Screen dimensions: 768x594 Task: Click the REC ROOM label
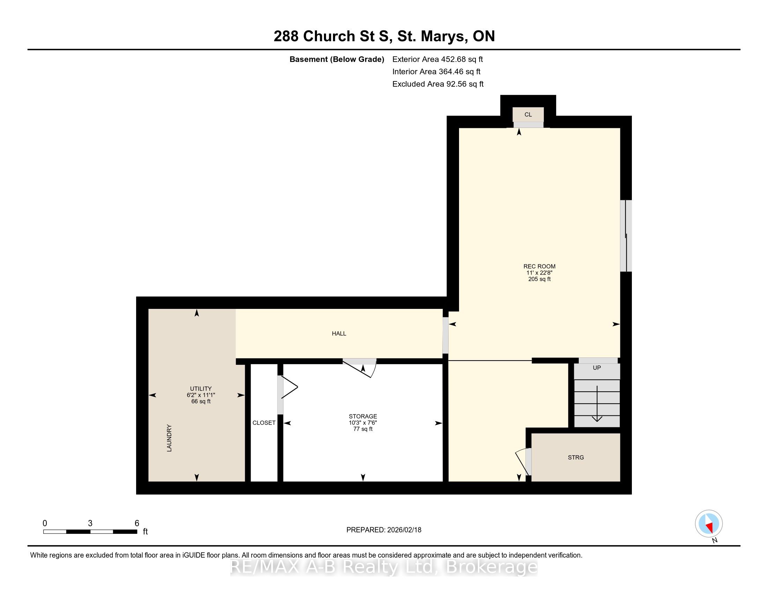pos(539,266)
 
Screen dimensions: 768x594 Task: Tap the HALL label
pos(339,333)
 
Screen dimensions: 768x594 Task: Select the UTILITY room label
pos(201,389)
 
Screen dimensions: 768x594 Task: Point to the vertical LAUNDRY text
pos(169,438)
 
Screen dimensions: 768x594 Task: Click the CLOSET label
pos(264,423)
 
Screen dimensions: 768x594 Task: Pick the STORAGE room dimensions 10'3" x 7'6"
pos(363,423)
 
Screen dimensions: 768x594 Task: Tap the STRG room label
pos(576,457)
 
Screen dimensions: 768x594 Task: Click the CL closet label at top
pos(528,114)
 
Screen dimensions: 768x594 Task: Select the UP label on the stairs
pos(597,368)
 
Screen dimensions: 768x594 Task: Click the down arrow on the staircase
pos(597,404)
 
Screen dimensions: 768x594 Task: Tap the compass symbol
pos(709,523)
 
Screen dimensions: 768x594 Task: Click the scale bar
pos(90,532)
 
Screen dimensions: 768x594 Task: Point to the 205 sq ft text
pos(539,279)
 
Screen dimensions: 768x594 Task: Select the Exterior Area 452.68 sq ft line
pos(437,59)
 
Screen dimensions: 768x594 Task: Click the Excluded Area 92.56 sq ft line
pos(438,84)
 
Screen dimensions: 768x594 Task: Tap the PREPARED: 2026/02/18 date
pos(384,530)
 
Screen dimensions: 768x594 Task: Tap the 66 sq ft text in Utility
pos(201,401)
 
